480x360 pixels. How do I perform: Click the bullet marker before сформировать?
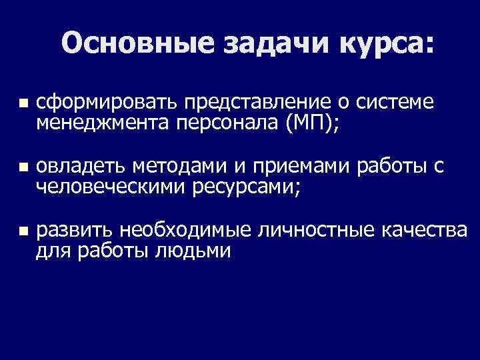[x=23, y=105]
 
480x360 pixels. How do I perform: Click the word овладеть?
[x=79, y=166]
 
